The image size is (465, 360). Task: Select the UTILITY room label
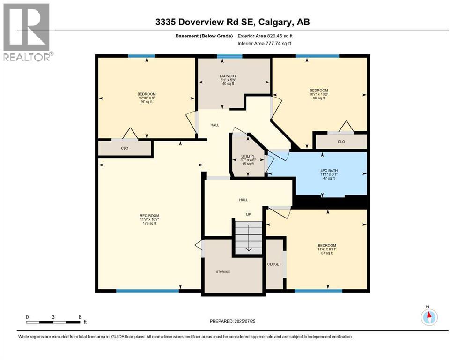click(x=248, y=159)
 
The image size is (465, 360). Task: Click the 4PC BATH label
click(x=328, y=174)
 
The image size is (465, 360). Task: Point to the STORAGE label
click(x=223, y=271)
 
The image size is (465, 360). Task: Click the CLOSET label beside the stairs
click(x=274, y=264)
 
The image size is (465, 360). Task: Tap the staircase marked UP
click(x=249, y=237)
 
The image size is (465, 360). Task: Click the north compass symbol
click(x=428, y=317)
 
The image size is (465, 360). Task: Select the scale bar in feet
click(x=54, y=322)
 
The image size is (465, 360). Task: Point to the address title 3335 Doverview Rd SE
click(x=233, y=22)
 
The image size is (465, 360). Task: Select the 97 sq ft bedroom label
click(x=147, y=97)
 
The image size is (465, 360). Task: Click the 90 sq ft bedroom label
click(x=318, y=94)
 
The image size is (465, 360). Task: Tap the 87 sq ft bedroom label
click(x=327, y=249)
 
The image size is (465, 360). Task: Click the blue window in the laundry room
click(x=229, y=56)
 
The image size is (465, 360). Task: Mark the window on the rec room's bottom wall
click(x=148, y=291)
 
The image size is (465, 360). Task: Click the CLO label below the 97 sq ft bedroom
click(x=125, y=148)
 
